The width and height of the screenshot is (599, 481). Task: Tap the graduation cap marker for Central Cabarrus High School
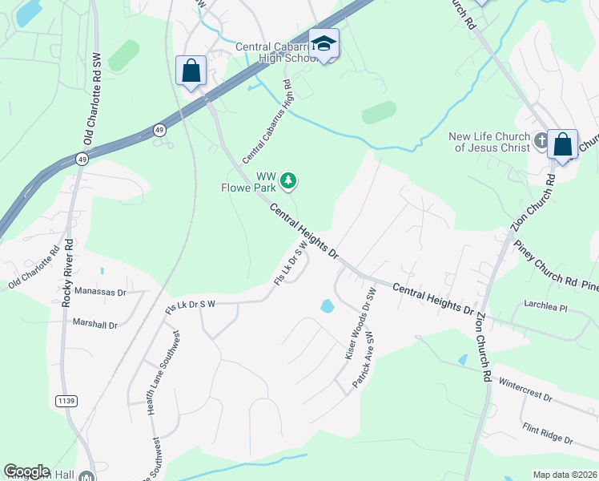click(324, 44)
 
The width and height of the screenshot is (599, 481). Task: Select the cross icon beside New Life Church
click(541, 141)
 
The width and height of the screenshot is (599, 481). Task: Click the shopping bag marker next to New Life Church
click(563, 145)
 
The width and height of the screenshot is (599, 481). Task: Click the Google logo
click(26, 471)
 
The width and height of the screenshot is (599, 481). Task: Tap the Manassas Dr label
click(101, 293)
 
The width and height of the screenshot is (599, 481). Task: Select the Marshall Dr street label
click(95, 325)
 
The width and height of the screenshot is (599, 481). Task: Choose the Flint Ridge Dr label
click(546, 434)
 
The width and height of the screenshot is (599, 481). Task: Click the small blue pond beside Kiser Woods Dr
click(327, 305)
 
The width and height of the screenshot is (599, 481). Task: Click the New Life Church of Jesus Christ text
click(489, 142)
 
